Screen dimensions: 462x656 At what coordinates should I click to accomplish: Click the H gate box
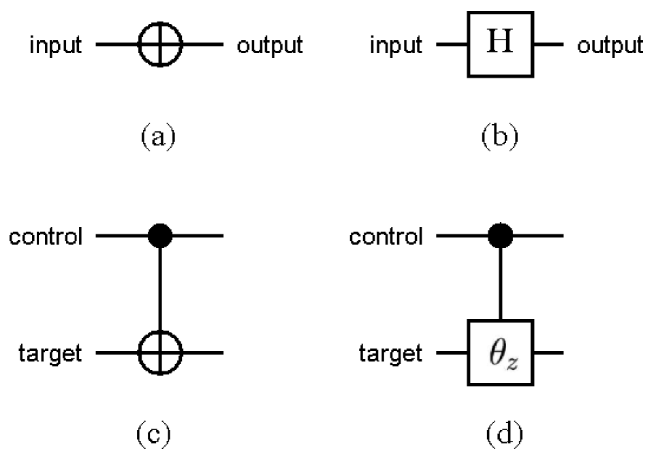[500, 46]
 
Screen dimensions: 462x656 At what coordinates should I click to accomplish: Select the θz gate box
[500, 354]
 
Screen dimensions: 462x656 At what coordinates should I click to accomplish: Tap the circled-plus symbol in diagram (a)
[160, 46]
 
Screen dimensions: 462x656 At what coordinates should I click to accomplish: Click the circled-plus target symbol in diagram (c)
[160, 354]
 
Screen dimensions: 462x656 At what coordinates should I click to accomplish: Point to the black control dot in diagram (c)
[160, 236]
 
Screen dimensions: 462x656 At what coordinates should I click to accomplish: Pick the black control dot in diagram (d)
[500, 236]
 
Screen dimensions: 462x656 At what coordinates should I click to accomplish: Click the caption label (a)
[158, 136]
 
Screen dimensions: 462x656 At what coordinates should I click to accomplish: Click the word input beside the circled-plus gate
[55, 46]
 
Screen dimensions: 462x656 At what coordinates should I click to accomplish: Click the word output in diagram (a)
[269, 46]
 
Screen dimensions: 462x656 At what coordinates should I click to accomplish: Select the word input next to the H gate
[396, 46]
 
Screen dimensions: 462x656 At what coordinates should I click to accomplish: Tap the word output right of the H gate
[610, 46]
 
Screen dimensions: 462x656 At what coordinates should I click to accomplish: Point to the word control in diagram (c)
[46, 237]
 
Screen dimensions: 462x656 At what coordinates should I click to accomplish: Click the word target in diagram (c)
[51, 354]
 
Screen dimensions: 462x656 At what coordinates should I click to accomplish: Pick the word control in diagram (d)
[386, 237]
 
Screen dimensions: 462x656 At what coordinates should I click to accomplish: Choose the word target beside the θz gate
[391, 354]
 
